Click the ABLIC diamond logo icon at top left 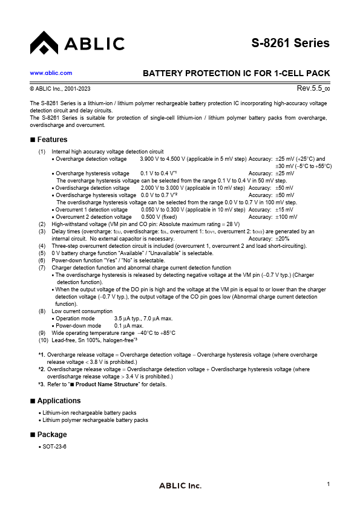point(44,43)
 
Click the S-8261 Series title point(290,43)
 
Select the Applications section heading point(59,401)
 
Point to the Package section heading point(52,435)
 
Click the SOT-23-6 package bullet point(54,446)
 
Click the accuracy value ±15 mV point(285,210)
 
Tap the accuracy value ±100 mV point(287,216)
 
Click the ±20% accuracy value point(283,238)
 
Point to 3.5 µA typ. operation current point(128,318)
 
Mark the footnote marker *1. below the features point(41,355)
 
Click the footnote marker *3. point(41,384)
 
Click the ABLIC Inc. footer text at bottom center point(180,486)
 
